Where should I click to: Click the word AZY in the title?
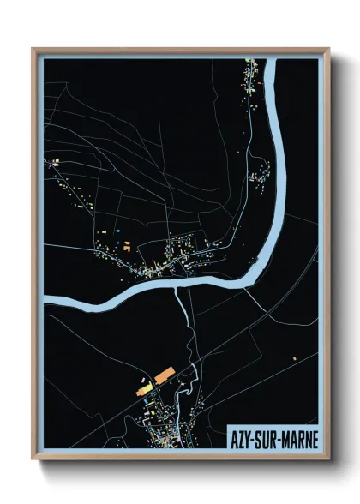click(x=242, y=439)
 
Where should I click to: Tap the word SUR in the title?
click(x=266, y=439)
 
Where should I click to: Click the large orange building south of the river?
click(x=163, y=375)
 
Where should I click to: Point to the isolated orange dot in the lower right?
click(x=294, y=357)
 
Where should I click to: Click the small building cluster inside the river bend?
click(x=256, y=177)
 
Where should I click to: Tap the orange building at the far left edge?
click(x=53, y=161)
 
